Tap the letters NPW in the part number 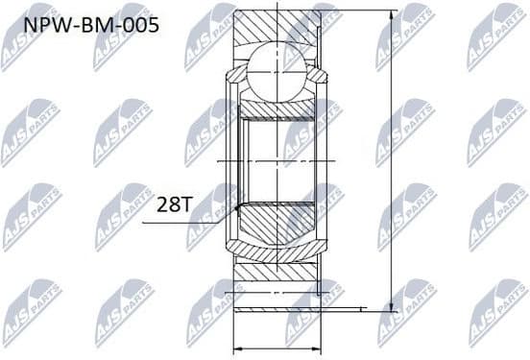pyautogui.click(x=40, y=22)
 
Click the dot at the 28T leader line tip pyautogui.click(x=235, y=204)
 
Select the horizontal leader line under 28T pyautogui.click(x=187, y=223)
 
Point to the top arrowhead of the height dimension pyautogui.click(x=391, y=15)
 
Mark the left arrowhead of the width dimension pyautogui.click(x=239, y=348)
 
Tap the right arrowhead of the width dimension pyautogui.click(x=318, y=348)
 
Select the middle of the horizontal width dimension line pyautogui.click(x=278, y=348)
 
